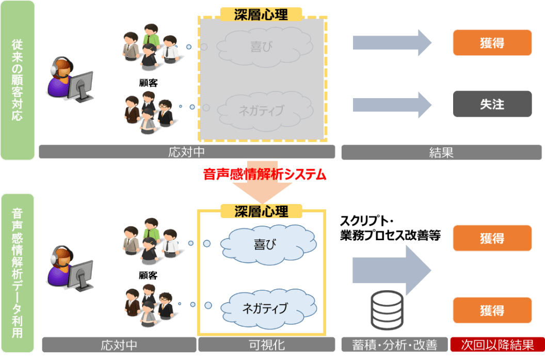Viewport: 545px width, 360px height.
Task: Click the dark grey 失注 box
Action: point(492,104)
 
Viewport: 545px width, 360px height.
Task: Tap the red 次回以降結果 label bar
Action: point(498,345)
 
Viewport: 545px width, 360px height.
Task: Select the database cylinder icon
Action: point(387,310)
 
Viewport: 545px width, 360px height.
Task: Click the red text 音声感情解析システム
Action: point(265,174)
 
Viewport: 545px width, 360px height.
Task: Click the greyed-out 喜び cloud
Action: point(265,47)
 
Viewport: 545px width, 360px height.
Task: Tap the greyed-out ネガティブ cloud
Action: point(265,111)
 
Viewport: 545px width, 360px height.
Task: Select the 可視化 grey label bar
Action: point(267,345)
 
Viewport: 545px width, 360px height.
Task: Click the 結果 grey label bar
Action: point(441,152)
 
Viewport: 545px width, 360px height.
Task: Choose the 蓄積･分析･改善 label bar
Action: point(394,345)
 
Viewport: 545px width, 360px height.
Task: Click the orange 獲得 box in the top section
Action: point(492,43)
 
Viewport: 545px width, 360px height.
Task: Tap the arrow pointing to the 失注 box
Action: point(392,105)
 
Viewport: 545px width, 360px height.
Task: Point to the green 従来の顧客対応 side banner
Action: point(18,80)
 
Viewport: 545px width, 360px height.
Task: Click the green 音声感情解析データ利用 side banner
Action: point(18,273)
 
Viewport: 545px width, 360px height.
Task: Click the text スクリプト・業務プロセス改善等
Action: point(390,228)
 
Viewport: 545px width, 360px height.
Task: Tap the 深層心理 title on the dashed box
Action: point(261,14)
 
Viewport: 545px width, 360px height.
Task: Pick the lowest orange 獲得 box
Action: point(492,310)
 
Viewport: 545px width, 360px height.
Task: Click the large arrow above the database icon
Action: point(392,270)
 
